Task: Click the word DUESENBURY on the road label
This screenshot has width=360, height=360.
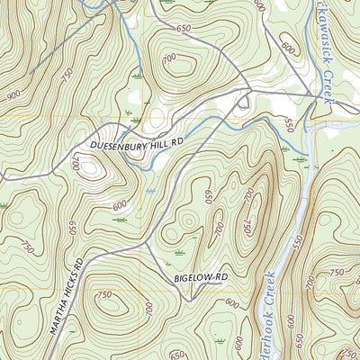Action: [121, 142]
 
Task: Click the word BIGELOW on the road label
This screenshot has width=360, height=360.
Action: [192, 282]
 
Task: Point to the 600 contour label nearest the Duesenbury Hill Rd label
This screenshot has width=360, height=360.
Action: [119, 205]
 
